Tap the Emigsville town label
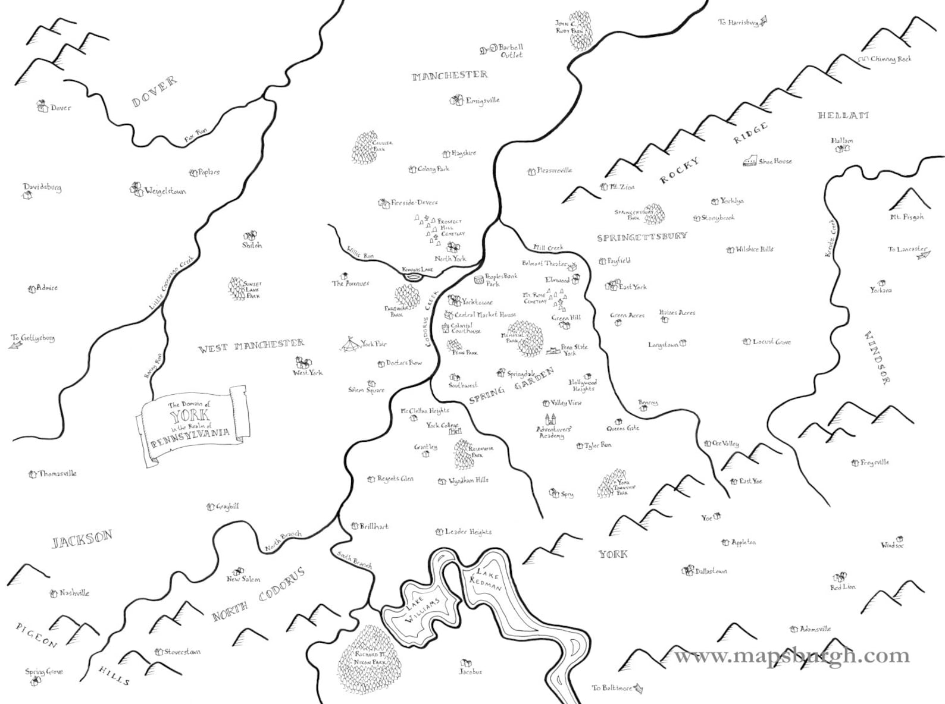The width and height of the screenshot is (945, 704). point(483,100)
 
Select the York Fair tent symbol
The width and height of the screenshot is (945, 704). point(350,344)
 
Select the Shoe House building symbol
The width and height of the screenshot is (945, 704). point(749,161)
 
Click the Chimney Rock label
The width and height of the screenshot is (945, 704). point(891,59)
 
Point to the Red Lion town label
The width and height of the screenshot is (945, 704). point(843,587)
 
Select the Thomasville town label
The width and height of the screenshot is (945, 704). point(58,474)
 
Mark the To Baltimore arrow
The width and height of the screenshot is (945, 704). point(639,688)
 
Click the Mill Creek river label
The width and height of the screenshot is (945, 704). point(548,247)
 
